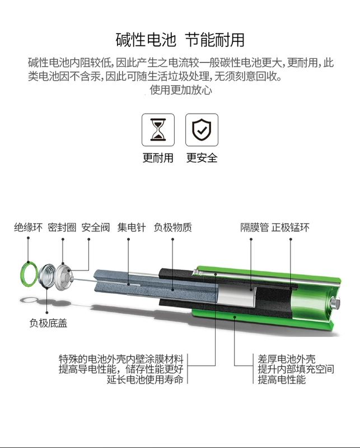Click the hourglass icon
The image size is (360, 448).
pyautogui.click(x=158, y=130)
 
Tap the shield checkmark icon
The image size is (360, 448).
pyautogui.click(x=202, y=130)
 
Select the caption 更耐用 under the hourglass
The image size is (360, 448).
pyautogui.click(x=158, y=158)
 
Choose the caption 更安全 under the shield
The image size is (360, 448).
pyautogui.click(x=202, y=158)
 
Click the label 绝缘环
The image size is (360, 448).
pyautogui.click(x=28, y=227)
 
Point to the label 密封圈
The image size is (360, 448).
pyautogui.click(x=62, y=227)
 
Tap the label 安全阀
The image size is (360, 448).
pyautogui.click(x=95, y=227)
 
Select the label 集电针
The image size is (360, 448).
pyautogui.click(x=132, y=227)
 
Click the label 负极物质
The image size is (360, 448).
pyautogui.click(x=172, y=227)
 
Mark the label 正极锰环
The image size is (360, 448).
pyautogui.click(x=291, y=227)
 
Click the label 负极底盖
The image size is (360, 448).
pyautogui.click(x=49, y=323)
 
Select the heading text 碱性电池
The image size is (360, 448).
pyautogui.click(x=146, y=40)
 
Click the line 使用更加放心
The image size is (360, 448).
pyautogui.click(x=180, y=90)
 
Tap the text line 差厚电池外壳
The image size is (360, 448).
pyautogui.click(x=287, y=358)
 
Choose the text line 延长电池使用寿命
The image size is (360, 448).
pyautogui.click(x=146, y=380)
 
